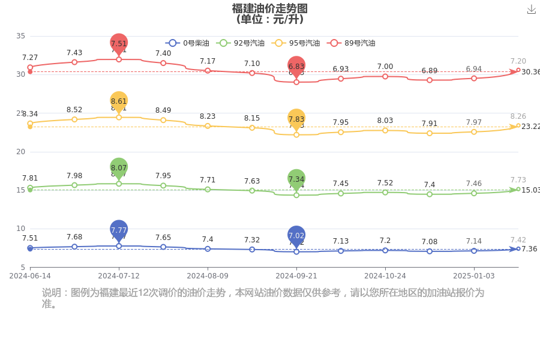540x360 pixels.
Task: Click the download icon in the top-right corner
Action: click(x=531, y=10)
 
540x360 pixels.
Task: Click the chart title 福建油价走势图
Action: click(x=270, y=8)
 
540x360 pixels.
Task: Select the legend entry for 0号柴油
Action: click(x=188, y=43)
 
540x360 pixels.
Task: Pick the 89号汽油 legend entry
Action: click(x=352, y=43)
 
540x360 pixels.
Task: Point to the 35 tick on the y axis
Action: click(x=20, y=36)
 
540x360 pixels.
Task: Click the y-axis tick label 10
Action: click(x=20, y=229)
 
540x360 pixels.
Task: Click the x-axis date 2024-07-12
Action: click(x=119, y=276)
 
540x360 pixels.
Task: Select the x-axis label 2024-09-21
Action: click(x=296, y=276)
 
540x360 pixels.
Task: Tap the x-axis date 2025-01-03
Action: click(x=474, y=276)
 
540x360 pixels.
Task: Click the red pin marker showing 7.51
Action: click(x=119, y=43)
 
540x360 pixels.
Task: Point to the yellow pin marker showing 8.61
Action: click(x=119, y=101)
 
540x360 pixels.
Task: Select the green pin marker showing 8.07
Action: click(x=119, y=168)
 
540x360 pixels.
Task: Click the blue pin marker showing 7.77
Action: click(x=119, y=230)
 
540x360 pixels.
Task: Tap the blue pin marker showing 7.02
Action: click(x=296, y=236)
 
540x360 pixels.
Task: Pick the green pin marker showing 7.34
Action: click(x=296, y=179)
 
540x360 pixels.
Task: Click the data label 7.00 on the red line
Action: click(x=385, y=67)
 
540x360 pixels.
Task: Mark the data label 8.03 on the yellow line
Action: click(x=385, y=121)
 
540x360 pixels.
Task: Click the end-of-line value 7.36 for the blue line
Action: click(x=529, y=249)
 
